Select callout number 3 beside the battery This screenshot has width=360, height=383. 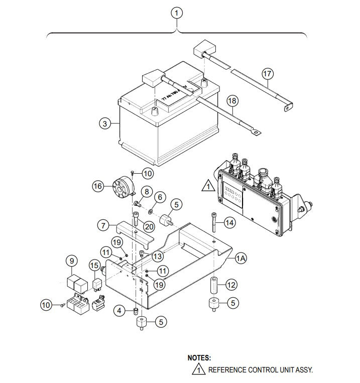pos(104,123)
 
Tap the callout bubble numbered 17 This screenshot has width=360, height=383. pos(267,74)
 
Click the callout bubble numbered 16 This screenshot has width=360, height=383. pos(98,186)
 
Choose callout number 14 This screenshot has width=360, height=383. pos(228,221)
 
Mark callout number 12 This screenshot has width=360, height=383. pos(230,285)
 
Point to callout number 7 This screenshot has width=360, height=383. pos(104,225)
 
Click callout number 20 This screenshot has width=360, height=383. pos(149,226)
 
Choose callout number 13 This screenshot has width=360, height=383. pos(158,256)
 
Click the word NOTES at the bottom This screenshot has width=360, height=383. pos(199,358)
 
